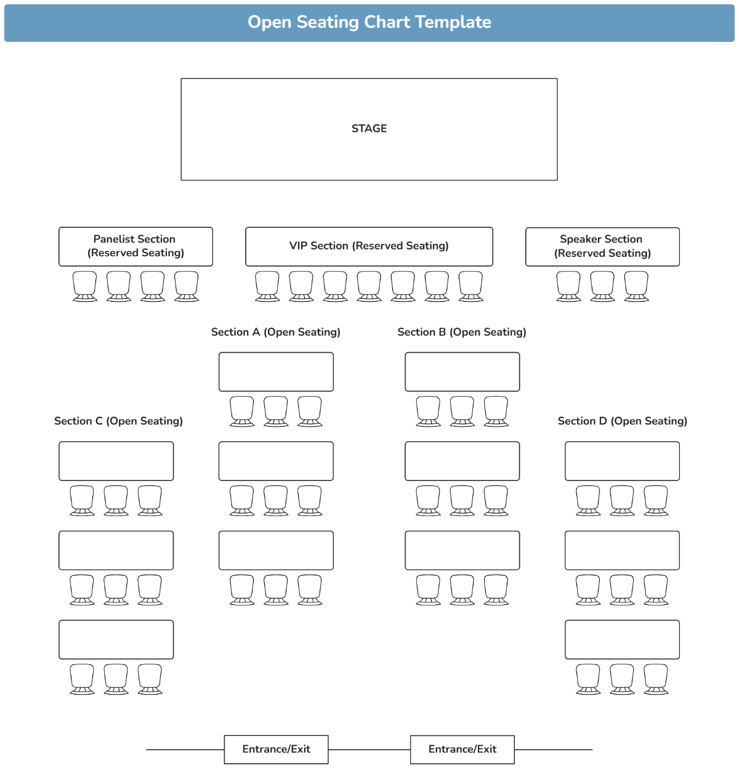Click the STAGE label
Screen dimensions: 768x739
click(369, 129)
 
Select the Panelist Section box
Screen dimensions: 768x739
click(135, 246)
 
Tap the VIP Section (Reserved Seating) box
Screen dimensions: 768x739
click(369, 246)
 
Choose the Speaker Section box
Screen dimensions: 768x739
click(602, 246)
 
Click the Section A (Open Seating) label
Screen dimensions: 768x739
click(275, 332)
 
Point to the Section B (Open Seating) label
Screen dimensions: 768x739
click(462, 332)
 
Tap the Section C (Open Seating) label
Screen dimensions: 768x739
click(118, 421)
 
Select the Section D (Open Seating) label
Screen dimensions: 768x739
click(622, 421)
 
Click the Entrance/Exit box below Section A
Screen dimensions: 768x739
click(276, 750)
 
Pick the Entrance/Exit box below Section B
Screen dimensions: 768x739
click(462, 750)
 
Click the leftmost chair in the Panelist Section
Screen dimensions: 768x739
click(85, 286)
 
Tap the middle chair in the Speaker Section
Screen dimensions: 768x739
click(602, 286)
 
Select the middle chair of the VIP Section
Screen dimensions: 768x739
click(369, 286)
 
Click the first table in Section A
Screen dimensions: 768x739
click(276, 372)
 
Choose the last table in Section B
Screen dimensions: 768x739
click(462, 551)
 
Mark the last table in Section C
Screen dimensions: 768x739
click(116, 640)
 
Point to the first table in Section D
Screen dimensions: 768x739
click(622, 461)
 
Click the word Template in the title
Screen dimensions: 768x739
click(453, 22)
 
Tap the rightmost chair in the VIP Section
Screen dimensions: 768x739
click(470, 286)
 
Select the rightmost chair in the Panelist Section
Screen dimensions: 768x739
click(187, 286)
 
